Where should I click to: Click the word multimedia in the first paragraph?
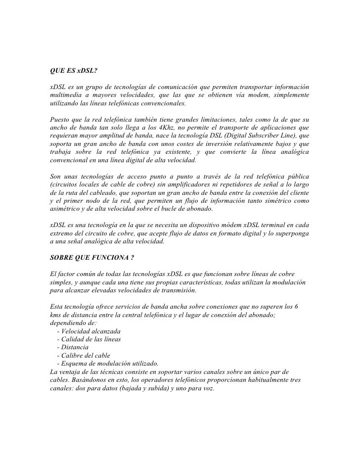pos(68,94)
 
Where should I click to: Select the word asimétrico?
pos(67,209)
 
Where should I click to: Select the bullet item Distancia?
pos(74,347)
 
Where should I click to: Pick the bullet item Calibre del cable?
pos(84,356)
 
